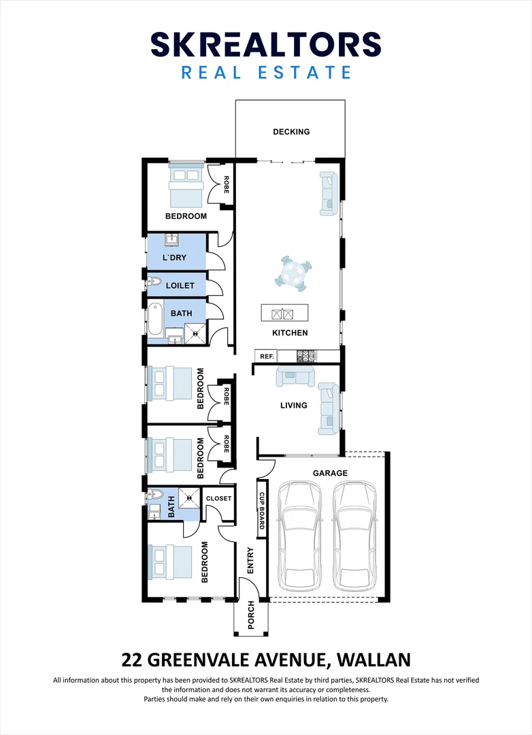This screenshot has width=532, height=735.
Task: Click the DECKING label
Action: click(x=291, y=132)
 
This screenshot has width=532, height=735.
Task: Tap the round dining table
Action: click(x=293, y=274)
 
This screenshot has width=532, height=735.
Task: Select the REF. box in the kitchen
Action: click(x=267, y=356)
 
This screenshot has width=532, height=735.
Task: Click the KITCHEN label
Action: click(x=290, y=333)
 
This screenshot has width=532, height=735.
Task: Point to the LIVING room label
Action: click(x=294, y=406)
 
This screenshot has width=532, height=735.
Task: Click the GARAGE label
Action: click(x=331, y=473)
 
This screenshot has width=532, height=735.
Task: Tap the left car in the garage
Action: click(x=300, y=536)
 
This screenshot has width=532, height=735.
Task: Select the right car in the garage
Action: click(x=355, y=536)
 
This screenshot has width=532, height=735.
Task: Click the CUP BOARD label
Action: click(x=262, y=511)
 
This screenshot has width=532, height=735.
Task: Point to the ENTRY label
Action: click(x=250, y=561)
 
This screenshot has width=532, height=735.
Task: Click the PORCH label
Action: click(x=251, y=615)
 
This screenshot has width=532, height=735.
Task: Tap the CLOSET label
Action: click(x=219, y=498)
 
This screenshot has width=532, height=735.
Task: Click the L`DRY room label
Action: click(x=174, y=258)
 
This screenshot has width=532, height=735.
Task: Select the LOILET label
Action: click(x=180, y=285)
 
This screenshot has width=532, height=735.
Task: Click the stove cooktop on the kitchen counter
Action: click(x=307, y=356)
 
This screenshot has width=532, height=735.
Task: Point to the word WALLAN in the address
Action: click(x=374, y=660)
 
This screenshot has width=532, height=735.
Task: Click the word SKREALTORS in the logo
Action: click(x=266, y=44)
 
